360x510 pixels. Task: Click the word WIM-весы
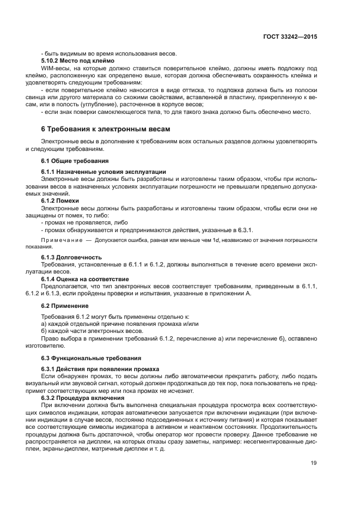click(56, 68)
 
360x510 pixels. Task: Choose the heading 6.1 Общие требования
click(75, 161)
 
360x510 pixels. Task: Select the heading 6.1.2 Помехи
click(60, 201)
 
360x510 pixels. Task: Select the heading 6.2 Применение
click(65, 306)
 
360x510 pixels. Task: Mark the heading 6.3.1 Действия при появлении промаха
click(100, 369)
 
